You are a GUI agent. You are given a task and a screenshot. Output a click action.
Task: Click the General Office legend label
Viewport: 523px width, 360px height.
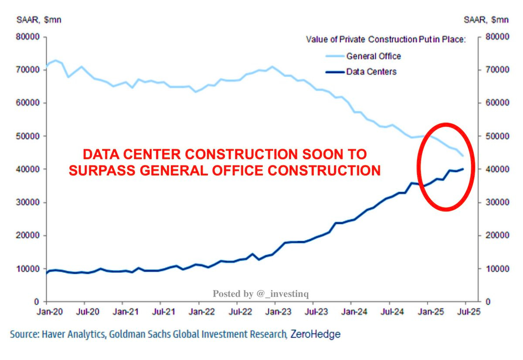(374, 56)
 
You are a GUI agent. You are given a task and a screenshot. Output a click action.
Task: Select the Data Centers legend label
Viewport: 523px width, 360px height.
(371, 71)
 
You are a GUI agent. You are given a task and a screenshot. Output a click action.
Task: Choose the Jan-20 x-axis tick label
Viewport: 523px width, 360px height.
(46, 313)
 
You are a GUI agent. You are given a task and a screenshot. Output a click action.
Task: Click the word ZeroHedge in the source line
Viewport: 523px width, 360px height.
(315, 335)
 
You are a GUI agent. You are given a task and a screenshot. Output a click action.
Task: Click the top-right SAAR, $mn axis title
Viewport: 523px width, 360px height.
(485, 20)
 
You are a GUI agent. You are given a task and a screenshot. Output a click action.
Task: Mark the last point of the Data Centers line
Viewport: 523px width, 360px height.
(463, 169)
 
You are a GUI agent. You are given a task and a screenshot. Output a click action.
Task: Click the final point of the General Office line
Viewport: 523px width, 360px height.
(463, 156)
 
